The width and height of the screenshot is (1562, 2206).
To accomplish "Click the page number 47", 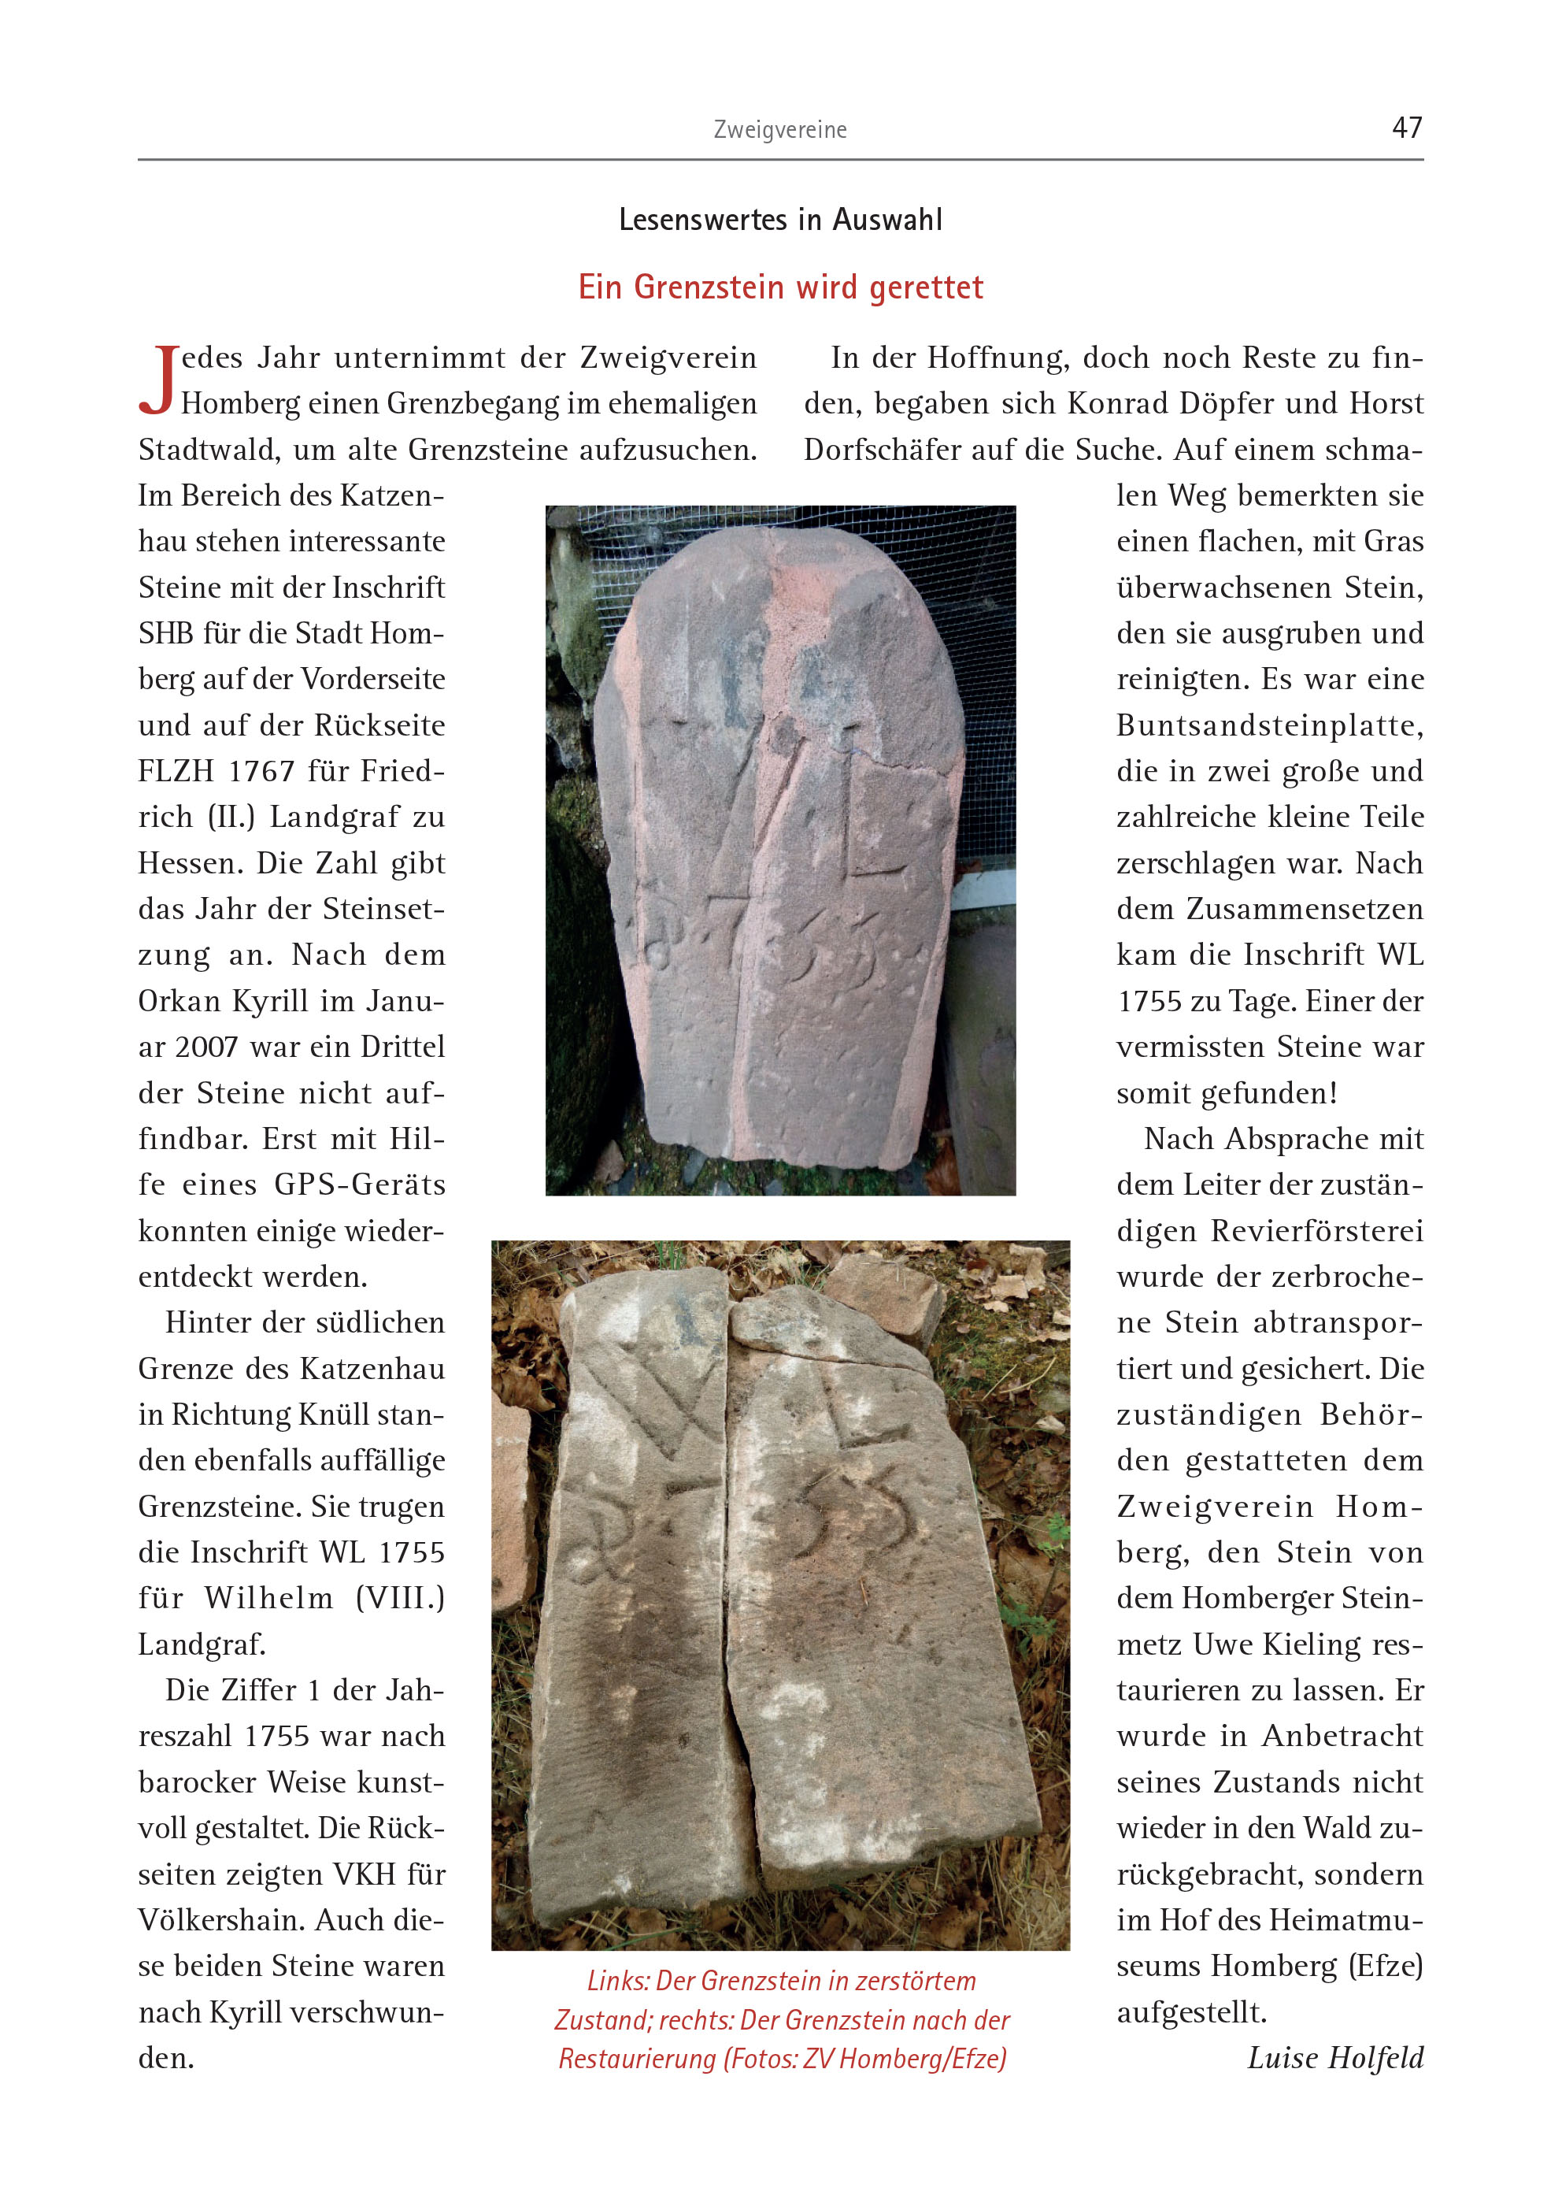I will (x=1406, y=127).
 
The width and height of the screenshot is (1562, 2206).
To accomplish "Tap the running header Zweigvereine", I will (x=780, y=130).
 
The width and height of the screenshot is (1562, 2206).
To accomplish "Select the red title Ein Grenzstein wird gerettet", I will (x=780, y=287).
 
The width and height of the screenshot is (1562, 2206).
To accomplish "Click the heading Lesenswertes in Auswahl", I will (x=780, y=220).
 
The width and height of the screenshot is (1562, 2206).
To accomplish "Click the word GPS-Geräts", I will (x=360, y=1185).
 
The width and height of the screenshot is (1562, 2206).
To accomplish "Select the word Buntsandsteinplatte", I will (x=1270, y=725).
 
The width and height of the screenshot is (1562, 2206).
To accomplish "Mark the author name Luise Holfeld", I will (x=1335, y=2058).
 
